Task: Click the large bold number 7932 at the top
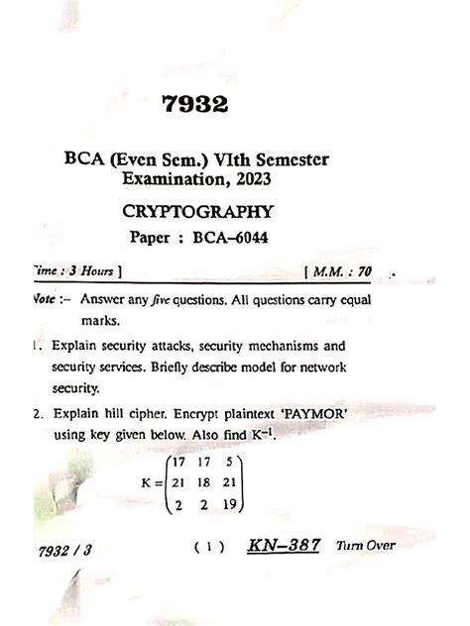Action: click(193, 103)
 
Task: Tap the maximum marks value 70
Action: click(366, 269)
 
